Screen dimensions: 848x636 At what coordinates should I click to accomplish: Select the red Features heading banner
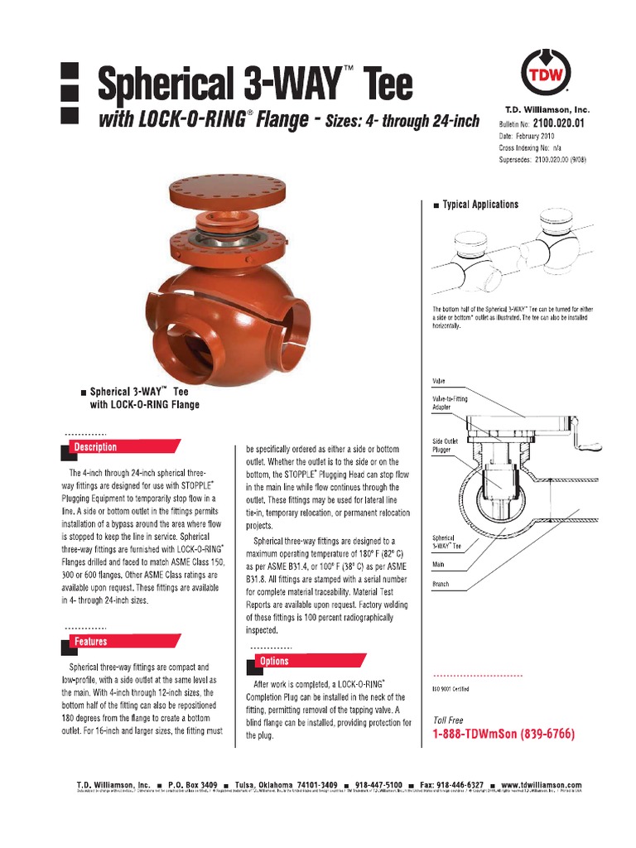coord(91,642)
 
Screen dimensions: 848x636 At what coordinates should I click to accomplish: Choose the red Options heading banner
coord(275,662)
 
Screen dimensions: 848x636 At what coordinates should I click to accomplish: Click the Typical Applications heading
coord(480,205)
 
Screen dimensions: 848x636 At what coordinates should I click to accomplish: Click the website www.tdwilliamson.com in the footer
coord(541,785)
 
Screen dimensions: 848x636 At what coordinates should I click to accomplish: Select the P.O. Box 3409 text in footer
coord(192,785)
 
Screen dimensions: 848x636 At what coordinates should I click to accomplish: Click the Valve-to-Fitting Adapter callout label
coord(450,402)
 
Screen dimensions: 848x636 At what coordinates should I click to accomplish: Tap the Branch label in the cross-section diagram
coord(441,585)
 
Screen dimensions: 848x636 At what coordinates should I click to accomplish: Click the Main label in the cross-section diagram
coord(439,564)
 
